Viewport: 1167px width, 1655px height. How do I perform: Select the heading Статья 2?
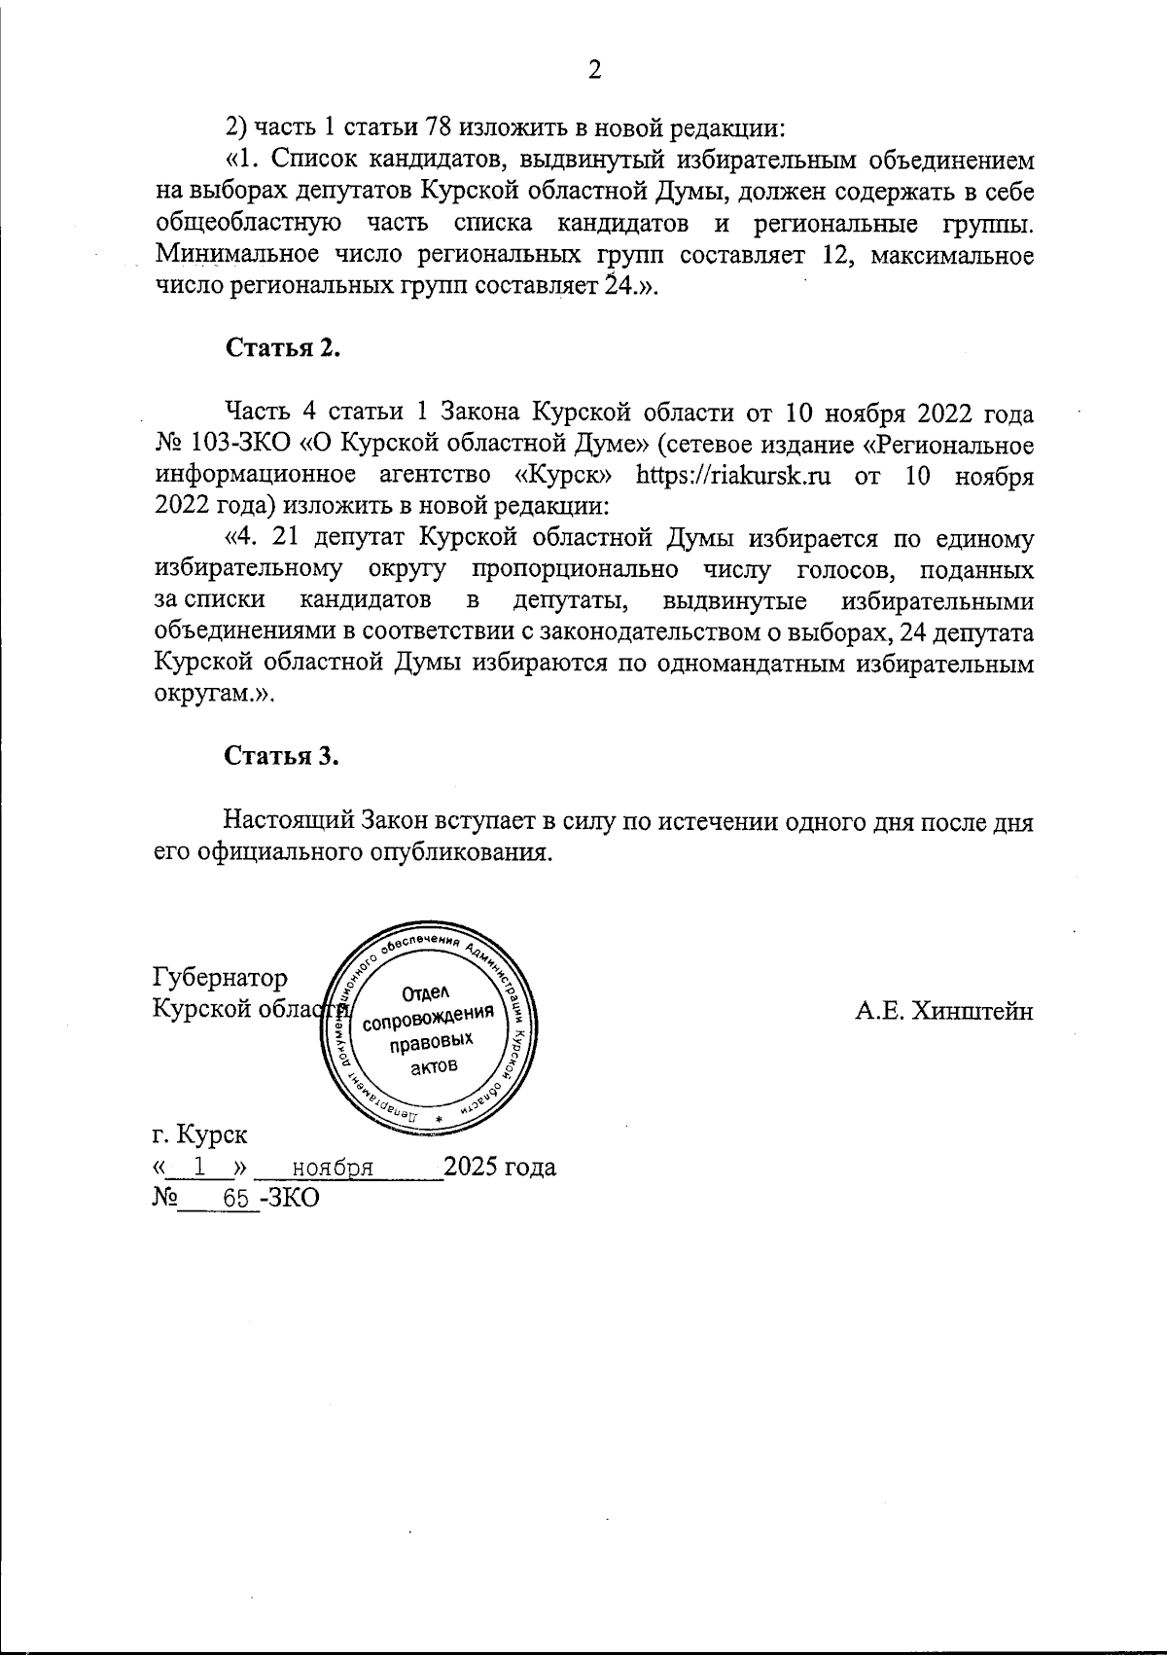click(x=283, y=349)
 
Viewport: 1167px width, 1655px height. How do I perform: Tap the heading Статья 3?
click(x=283, y=757)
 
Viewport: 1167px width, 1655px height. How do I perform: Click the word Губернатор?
click(x=221, y=977)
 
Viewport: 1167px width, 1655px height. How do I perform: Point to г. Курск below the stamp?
click(x=199, y=1134)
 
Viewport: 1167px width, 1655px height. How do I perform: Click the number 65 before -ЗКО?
click(x=235, y=1200)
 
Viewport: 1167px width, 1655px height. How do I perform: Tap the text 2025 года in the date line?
click(x=500, y=1167)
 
